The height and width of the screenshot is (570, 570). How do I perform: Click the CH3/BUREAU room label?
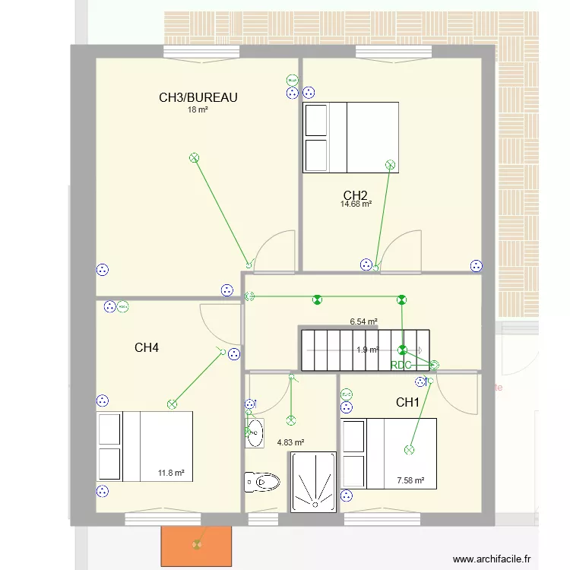point(198,97)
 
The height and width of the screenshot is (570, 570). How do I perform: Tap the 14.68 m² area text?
point(356,204)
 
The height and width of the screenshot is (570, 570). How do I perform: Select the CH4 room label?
point(147,348)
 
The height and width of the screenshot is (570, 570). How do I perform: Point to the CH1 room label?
point(407,402)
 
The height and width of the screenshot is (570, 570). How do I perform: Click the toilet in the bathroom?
point(261,481)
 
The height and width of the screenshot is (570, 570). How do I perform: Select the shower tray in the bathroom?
point(312,481)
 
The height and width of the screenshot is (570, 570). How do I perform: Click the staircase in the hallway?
point(366,350)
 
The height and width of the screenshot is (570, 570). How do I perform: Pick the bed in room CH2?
point(351,138)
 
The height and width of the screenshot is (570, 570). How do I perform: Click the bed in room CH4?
point(144,446)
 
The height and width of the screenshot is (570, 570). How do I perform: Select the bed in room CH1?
point(389,452)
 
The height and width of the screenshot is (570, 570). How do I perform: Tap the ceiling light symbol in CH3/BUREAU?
point(194,158)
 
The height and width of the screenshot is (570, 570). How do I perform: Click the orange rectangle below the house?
point(196,545)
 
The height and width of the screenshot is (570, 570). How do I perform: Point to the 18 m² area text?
point(198,109)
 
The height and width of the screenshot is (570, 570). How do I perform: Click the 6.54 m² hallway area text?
point(363,321)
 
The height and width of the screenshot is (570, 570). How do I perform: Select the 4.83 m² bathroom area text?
point(290,442)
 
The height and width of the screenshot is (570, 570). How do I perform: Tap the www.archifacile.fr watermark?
point(492,559)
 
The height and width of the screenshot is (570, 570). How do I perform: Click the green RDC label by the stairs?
point(401,365)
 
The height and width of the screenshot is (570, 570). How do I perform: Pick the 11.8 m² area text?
point(171,473)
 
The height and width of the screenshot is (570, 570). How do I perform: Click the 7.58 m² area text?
point(410,480)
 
